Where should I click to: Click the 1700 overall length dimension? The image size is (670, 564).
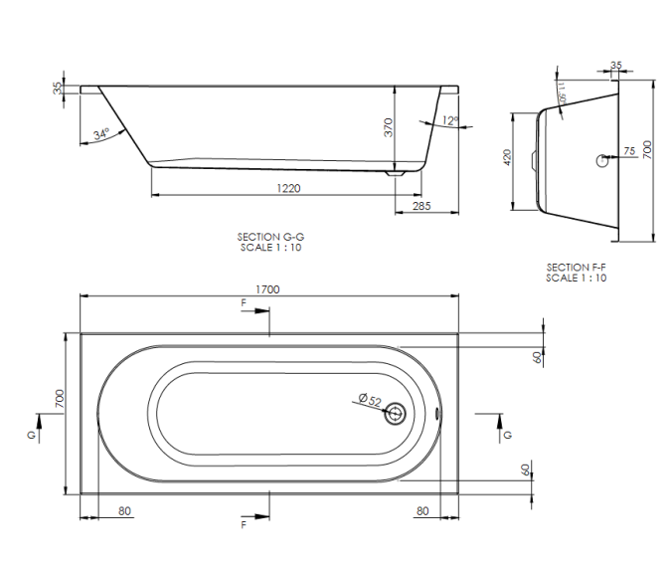[x=267, y=288]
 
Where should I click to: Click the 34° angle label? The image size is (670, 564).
[x=100, y=134]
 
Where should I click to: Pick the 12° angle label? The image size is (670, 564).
[x=450, y=120]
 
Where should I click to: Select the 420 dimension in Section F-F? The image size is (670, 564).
[x=506, y=158]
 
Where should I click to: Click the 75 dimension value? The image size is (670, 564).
[x=628, y=151]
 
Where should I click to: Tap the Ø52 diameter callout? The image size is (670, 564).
[x=368, y=400]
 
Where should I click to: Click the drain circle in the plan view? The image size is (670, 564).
[x=398, y=411]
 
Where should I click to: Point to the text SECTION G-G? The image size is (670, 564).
[x=270, y=237]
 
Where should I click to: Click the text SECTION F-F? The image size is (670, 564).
[x=576, y=268]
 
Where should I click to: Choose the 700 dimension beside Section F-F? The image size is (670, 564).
[x=647, y=149]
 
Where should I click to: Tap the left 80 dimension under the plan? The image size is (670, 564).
[x=124, y=511]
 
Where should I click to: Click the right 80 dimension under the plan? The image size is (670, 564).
[x=422, y=511]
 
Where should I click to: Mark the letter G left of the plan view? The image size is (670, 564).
[x=33, y=436]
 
